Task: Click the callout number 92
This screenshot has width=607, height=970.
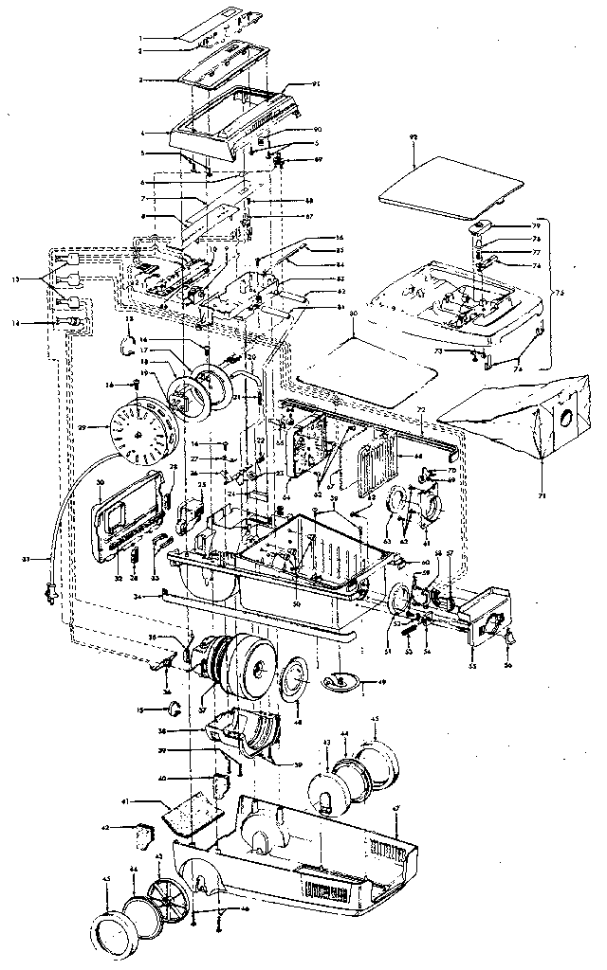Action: click(x=414, y=137)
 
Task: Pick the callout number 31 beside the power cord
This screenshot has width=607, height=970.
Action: click(x=28, y=560)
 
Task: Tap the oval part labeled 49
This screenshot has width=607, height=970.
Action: click(x=339, y=679)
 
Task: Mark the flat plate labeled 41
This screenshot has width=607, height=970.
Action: click(x=194, y=813)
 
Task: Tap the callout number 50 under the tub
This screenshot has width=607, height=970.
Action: click(x=295, y=604)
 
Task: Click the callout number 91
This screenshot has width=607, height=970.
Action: click(x=318, y=84)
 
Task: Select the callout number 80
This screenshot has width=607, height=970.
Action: click(x=353, y=314)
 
